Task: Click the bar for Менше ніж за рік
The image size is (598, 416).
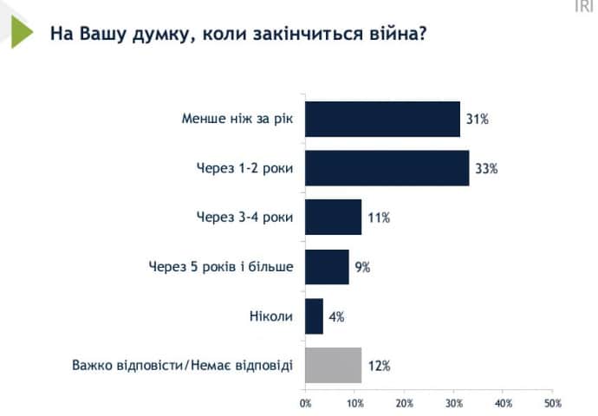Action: pyautogui.click(x=382, y=119)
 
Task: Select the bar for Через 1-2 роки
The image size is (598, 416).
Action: pyautogui.click(x=387, y=168)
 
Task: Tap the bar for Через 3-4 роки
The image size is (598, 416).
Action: pyautogui.click(x=333, y=217)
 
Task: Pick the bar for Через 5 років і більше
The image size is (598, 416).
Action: pyautogui.click(x=327, y=267)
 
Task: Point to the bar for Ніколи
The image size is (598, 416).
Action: pyautogui.click(x=314, y=316)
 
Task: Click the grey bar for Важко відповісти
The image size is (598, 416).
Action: pyautogui.click(x=333, y=365)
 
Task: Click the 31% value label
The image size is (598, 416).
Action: pyautogui.click(x=478, y=119)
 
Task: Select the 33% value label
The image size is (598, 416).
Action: pyautogui.click(x=486, y=168)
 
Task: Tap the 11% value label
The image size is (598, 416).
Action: pyautogui.click(x=379, y=217)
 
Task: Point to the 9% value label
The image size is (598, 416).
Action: pyautogui.click(x=362, y=267)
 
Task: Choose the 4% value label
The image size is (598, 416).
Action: pyautogui.click(x=336, y=316)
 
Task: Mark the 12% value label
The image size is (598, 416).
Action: pyautogui.click(x=379, y=365)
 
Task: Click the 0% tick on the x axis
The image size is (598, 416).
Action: pyautogui.click(x=305, y=403)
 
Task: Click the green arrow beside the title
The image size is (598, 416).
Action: pyautogui.click(x=22, y=32)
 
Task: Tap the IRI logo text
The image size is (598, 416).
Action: pyautogui.click(x=584, y=7)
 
